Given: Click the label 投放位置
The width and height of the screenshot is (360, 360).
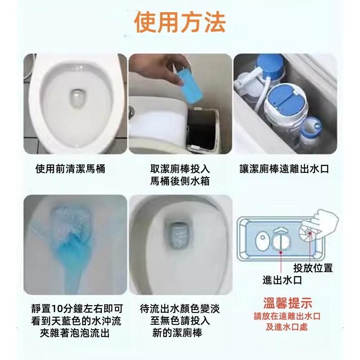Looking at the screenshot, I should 313,268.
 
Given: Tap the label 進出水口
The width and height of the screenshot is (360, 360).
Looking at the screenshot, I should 282,280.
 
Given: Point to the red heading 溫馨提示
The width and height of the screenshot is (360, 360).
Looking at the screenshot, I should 287,304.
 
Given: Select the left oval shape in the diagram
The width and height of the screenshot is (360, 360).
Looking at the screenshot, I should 262,240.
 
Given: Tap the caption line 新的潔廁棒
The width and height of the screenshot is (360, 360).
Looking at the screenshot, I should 177,333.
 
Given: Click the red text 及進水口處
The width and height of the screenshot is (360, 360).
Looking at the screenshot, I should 287,327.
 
